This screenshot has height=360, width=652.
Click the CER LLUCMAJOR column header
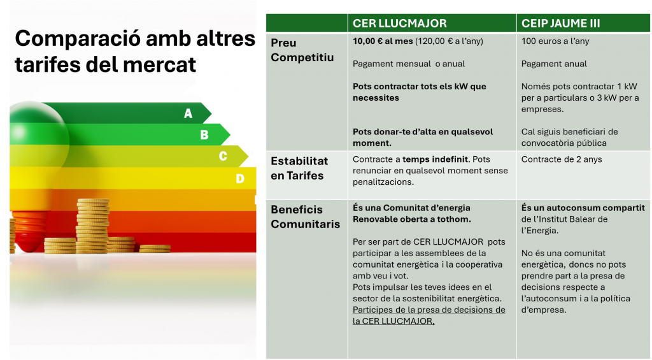pos(400,24)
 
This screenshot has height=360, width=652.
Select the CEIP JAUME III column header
pos(560,24)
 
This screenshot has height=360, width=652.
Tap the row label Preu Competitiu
pos(302,50)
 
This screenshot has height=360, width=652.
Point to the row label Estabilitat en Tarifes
pos(299,168)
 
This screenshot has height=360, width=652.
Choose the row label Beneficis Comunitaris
pos(306,217)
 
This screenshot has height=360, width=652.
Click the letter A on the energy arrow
pos(188,113)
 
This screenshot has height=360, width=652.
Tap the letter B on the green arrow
pos(204,135)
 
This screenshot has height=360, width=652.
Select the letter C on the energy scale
pos(223,156)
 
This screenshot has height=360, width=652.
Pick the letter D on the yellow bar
pos(240,178)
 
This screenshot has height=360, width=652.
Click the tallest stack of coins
pos(93,226)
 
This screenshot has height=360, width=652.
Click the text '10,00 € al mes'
pos(383,41)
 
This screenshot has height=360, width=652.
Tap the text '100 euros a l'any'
pos(555,41)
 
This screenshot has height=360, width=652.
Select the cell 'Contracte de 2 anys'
pos(562,159)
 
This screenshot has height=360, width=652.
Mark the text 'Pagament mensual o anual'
pos(409,64)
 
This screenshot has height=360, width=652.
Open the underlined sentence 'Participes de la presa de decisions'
pos(429,315)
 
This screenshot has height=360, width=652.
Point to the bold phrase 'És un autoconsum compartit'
pos(583,208)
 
